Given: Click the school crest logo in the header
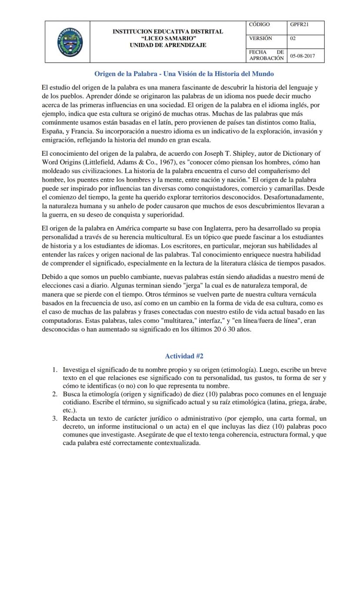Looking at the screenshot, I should coord(70,42).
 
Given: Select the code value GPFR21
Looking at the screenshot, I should coord(300,24).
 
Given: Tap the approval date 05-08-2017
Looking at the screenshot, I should coord(303,56).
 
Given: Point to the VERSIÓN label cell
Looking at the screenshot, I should coord(260,38).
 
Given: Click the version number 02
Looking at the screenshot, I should coord(293,38).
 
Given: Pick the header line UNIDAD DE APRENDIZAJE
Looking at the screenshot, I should coord(168,45).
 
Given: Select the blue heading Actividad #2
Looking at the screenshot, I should coord(184,356).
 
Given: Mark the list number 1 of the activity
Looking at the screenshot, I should coord(55,369).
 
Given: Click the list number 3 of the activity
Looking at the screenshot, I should coord(55,418).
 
